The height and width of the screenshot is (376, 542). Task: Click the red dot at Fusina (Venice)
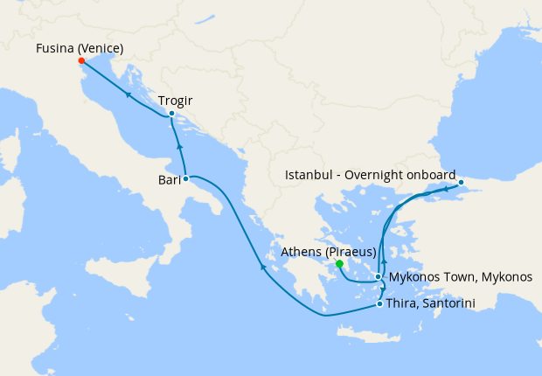click(80, 61)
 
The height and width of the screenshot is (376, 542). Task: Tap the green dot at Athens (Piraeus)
click(339, 263)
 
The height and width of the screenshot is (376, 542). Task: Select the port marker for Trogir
click(171, 113)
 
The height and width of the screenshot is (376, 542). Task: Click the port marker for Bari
click(185, 178)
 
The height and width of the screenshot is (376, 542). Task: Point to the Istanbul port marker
click(462, 182)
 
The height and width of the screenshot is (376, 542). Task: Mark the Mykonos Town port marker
click(378, 277)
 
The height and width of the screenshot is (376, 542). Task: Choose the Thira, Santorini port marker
click(379, 304)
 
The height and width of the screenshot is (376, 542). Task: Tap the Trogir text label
click(176, 101)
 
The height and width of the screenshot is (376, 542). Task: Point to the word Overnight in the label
click(375, 175)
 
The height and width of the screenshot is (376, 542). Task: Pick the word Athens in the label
click(302, 252)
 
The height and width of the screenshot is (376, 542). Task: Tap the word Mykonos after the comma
click(504, 277)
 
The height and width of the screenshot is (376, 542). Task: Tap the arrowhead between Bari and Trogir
click(178, 145)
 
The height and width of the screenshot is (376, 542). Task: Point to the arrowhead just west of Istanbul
click(446, 188)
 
